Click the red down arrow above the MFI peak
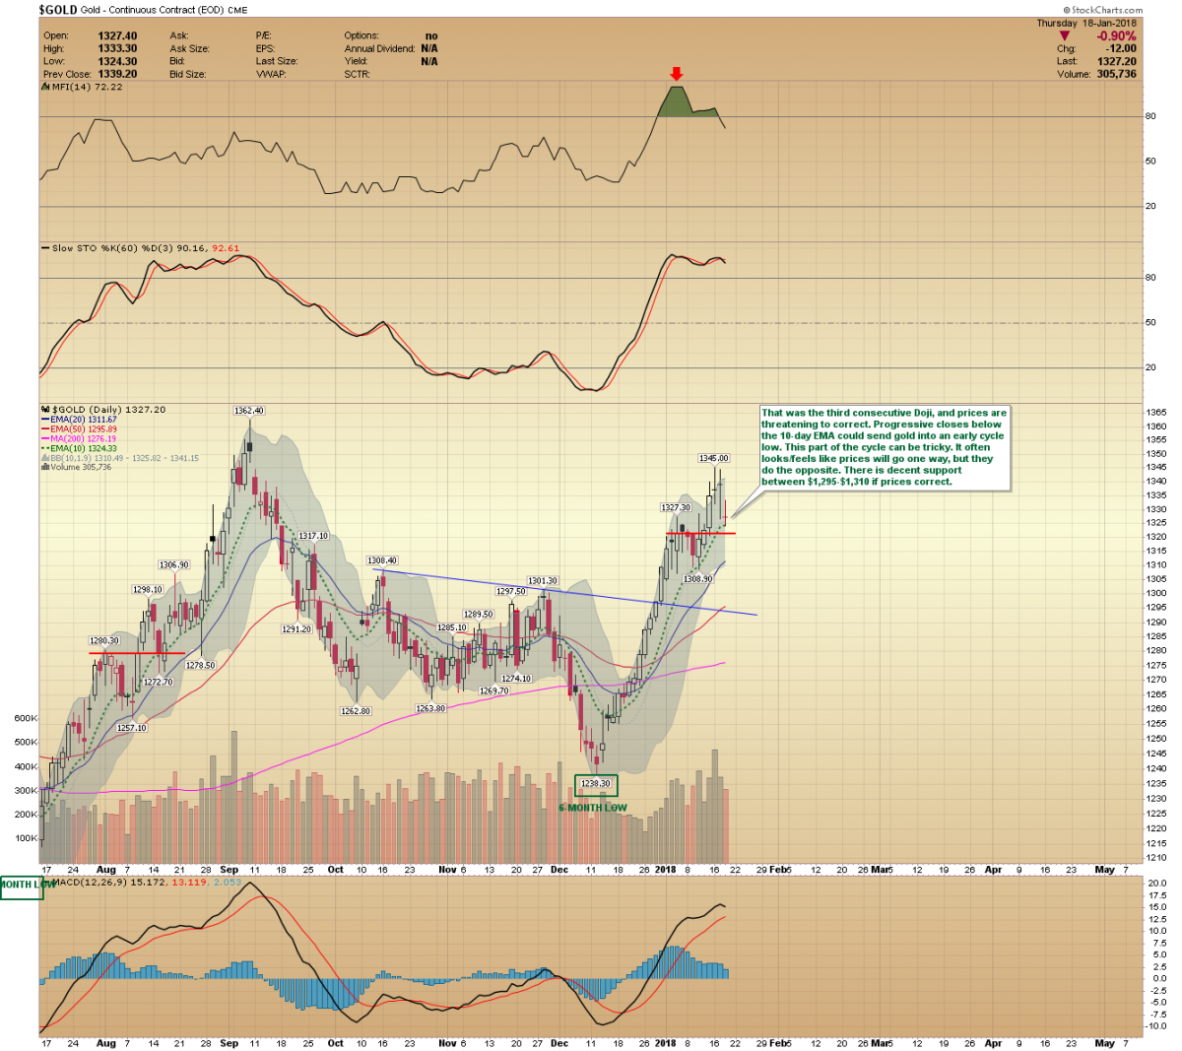click(676, 74)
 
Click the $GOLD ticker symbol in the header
click(57, 10)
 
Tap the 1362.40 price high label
click(248, 410)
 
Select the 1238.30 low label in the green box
click(596, 784)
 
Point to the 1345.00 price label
click(713, 458)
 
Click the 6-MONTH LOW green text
click(593, 808)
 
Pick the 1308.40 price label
click(382, 560)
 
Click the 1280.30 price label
click(104, 641)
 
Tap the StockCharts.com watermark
click(1107, 10)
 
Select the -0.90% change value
click(1117, 36)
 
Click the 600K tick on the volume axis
click(27, 718)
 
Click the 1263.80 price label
click(430, 708)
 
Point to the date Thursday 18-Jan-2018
click(1086, 23)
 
